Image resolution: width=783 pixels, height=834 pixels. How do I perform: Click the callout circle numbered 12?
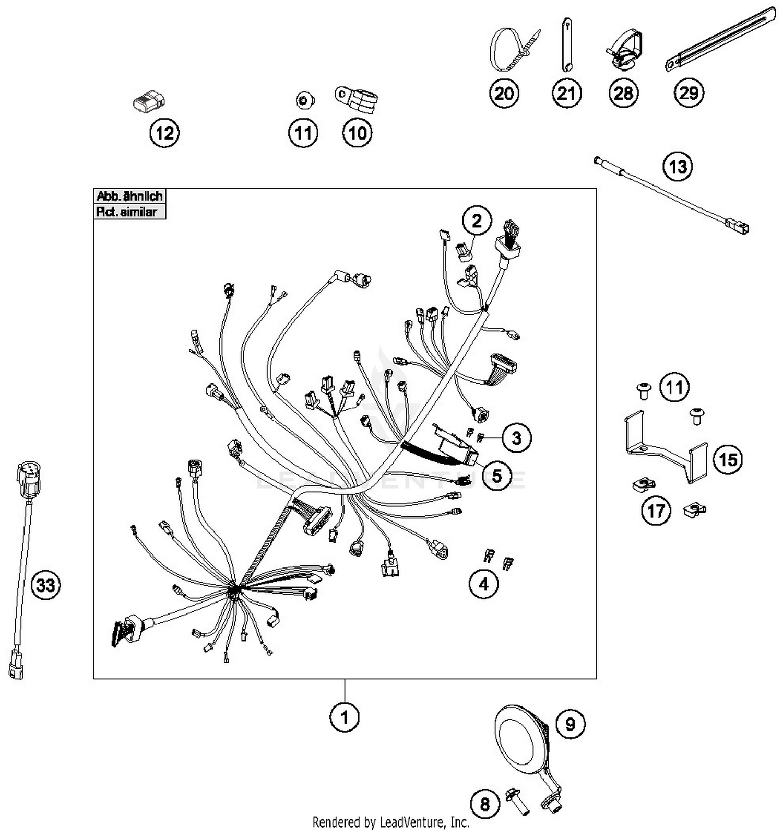tap(164, 133)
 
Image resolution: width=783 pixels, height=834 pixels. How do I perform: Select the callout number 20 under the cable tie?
tap(504, 94)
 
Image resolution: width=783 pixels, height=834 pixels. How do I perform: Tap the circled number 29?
tap(689, 92)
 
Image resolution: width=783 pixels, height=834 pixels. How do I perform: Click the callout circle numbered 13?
tap(678, 167)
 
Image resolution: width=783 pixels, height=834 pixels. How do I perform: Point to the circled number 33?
tap(45, 585)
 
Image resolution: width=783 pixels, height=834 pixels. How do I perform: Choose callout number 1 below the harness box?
tap(345, 717)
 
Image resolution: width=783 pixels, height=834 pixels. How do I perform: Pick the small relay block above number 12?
tap(149, 101)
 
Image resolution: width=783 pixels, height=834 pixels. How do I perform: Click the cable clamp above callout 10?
tap(357, 100)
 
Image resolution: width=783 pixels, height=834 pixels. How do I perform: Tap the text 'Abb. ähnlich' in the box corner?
tap(129, 196)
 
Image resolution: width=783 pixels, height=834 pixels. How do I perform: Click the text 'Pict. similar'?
tap(126, 212)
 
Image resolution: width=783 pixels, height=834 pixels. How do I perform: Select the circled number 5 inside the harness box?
tap(496, 476)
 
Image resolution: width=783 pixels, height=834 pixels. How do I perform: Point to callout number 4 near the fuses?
tap(483, 584)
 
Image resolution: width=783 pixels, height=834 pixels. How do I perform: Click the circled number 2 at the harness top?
tap(477, 221)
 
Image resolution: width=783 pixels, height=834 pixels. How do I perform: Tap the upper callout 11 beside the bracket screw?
tap(674, 388)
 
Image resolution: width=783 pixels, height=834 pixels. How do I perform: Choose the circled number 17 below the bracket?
tap(656, 511)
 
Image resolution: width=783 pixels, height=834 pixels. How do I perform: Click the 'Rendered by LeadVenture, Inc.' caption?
tap(390, 823)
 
